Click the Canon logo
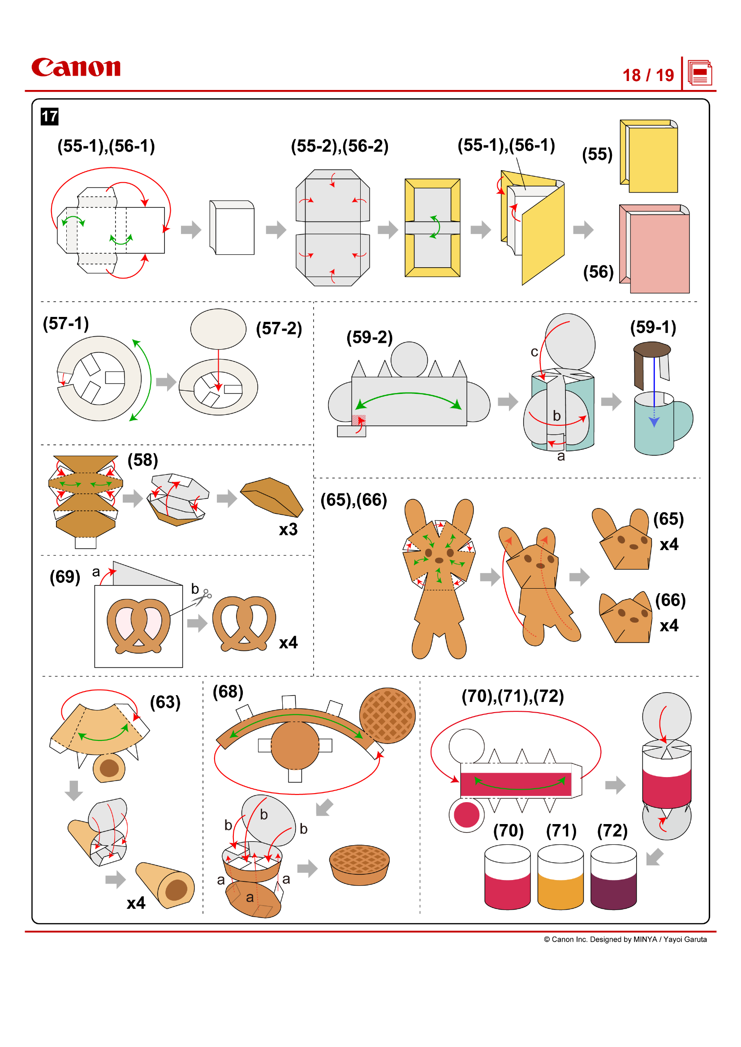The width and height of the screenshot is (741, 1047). pyautogui.click(x=76, y=68)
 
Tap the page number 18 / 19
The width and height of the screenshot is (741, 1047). pyautogui.click(x=648, y=75)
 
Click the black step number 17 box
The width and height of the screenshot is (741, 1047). pyautogui.click(x=49, y=117)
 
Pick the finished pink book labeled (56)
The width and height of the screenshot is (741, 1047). pyautogui.click(x=655, y=249)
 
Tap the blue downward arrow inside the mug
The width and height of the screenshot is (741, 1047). pyautogui.click(x=654, y=421)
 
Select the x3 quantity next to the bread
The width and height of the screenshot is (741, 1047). pyautogui.click(x=288, y=530)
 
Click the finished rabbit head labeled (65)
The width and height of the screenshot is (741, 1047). pyautogui.click(x=624, y=541)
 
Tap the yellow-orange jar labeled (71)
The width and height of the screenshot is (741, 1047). pyautogui.click(x=560, y=878)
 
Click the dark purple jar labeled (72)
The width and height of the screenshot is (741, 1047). pyautogui.click(x=613, y=878)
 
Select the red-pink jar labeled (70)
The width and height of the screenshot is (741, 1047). pyautogui.click(x=508, y=878)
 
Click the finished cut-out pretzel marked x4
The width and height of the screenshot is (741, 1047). pyautogui.click(x=244, y=624)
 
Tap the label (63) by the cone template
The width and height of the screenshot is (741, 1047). pyautogui.click(x=165, y=702)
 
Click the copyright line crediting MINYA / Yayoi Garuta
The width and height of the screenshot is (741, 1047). pyautogui.click(x=625, y=940)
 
